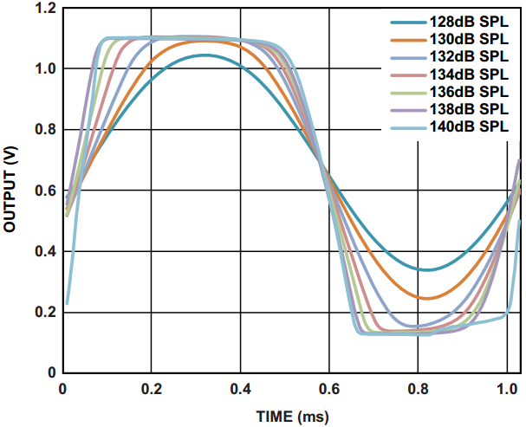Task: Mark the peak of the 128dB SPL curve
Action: tap(205, 55)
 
